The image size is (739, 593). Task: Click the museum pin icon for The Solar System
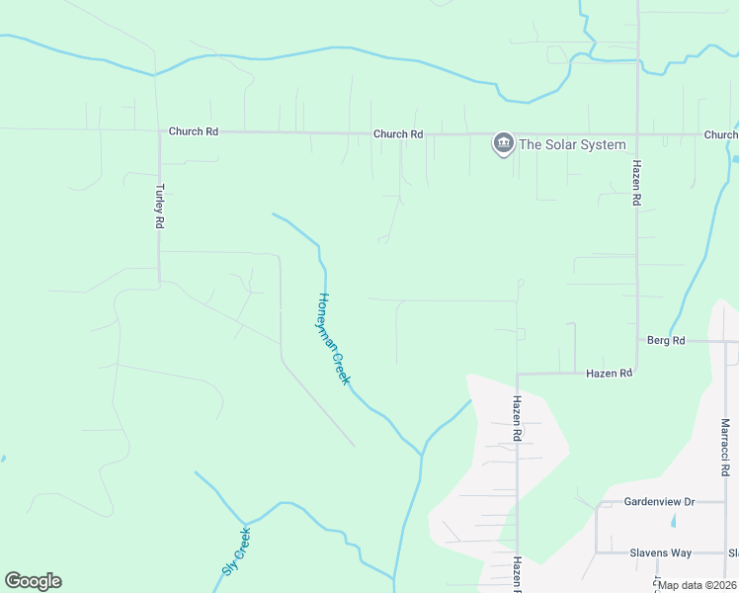tap(504, 144)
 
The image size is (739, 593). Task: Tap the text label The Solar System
tap(573, 145)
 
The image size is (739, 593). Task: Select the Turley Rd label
tap(158, 206)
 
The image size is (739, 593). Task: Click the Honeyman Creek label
tap(334, 339)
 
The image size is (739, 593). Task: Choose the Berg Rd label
tap(666, 341)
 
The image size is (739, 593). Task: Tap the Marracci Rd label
tap(725, 448)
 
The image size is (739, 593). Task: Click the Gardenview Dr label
tap(660, 502)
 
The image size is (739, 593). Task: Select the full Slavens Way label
tap(660, 553)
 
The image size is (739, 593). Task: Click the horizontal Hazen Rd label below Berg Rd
tap(609, 374)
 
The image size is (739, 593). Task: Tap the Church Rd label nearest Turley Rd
tap(193, 130)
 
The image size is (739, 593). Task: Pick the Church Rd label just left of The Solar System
tap(398, 133)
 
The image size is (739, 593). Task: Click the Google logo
tap(33, 581)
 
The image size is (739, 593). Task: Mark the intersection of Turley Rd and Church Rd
tap(158, 130)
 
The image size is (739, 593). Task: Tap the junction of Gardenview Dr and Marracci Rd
tap(725, 502)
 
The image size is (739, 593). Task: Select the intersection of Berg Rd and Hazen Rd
tap(637, 341)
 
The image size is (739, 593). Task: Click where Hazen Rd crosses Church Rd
tap(637, 134)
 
